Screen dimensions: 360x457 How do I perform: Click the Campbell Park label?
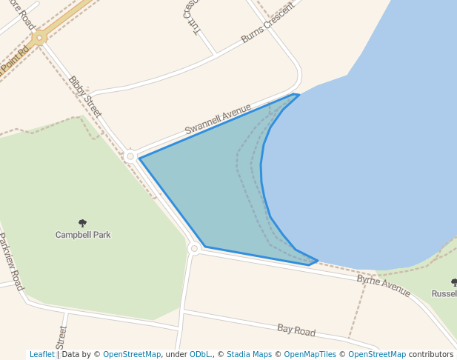(x=83, y=235)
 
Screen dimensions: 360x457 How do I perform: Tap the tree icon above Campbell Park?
(x=82, y=223)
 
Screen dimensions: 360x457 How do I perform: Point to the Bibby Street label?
(x=84, y=97)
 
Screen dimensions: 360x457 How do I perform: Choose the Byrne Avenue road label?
(x=384, y=285)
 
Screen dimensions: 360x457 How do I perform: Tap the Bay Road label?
(x=296, y=330)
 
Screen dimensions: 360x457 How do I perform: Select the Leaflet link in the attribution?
(x=42, y=354)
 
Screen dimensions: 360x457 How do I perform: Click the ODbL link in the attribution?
(x=200, y=354)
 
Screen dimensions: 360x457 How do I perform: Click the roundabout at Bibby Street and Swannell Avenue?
(x=130, y=156)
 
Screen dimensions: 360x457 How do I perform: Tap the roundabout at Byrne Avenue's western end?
(x=194, y=249)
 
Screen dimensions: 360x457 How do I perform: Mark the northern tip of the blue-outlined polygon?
(x=298, y=94)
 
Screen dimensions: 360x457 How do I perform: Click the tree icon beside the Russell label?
(x=454, y=282)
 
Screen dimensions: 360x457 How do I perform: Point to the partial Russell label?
(x=444, y=294)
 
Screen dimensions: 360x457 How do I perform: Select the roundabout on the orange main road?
(x=39, y=37)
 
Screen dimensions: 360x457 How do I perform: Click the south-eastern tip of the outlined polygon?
(x=317, y=261)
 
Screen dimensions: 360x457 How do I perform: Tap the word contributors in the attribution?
(x=431, y=354)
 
